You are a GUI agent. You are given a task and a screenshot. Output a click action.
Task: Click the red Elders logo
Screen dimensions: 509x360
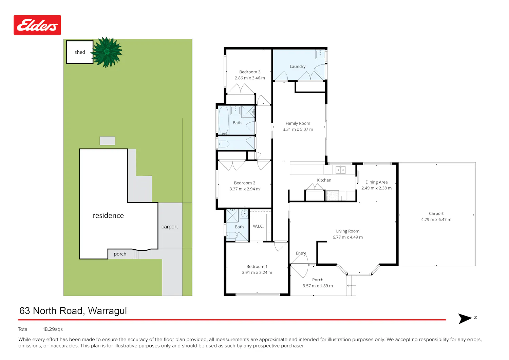click(37, 25)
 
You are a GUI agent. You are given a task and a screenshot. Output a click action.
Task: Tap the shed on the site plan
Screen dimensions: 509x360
click(80, 52)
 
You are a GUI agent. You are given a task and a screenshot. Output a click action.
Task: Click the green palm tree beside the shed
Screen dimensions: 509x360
click(107, 52)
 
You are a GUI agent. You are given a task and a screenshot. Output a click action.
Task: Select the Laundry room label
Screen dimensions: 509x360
click(298, 67)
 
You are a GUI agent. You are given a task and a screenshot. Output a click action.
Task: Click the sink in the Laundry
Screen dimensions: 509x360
click(320, 54)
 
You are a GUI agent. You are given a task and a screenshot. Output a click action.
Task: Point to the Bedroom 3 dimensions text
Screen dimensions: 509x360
click(250, 78)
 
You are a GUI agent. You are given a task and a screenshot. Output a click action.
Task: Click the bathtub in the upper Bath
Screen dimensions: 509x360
click(223, 120)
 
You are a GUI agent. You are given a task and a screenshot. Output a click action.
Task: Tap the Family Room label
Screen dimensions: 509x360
click(298, 123)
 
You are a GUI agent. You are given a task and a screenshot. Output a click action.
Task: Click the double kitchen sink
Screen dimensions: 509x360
click(340, 170)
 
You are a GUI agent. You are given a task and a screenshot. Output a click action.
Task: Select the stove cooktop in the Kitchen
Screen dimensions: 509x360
click(333, 195)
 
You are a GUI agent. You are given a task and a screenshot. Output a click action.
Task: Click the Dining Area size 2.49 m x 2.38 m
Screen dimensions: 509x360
click(377, 188)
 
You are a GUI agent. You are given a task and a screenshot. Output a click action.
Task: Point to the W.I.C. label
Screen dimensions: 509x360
click(258, 226)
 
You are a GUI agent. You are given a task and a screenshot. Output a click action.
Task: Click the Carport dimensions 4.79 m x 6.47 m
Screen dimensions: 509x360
click(436, 220)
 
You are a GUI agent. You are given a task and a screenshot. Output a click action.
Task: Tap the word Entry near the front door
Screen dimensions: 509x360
click(301, 253)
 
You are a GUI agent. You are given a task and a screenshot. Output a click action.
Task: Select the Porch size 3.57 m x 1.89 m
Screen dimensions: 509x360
click(318, 286)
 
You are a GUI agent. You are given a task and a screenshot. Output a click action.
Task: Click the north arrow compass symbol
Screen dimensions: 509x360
click(465, 318)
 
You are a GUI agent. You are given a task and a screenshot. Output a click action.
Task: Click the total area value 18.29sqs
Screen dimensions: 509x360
click(53, 329)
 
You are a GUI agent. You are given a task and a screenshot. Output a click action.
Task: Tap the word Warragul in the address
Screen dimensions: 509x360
click(107, 311)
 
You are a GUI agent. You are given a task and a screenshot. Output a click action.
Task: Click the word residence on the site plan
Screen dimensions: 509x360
click(108, 215)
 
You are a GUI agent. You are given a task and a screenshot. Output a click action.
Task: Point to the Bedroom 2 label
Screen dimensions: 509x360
click(245, 183)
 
